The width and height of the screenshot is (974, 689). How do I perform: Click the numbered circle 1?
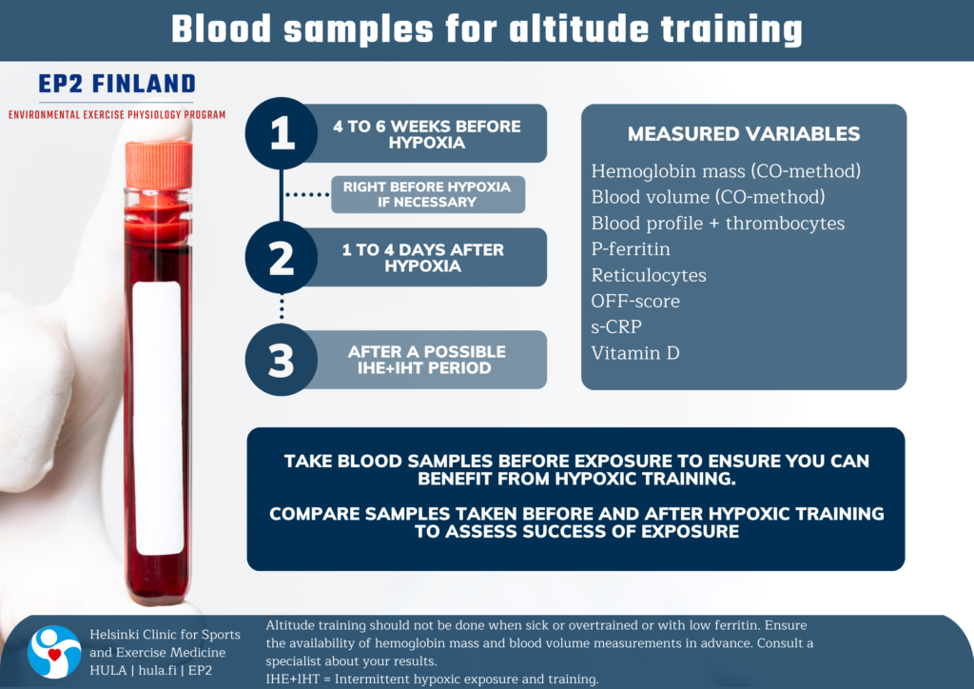pos(282,133)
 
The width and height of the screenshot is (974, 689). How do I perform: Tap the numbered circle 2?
pos(282,257)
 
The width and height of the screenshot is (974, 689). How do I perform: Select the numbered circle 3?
pos(282,360)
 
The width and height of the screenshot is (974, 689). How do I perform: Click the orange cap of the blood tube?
pos(159,165)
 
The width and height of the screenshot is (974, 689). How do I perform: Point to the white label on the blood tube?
pos(158,418)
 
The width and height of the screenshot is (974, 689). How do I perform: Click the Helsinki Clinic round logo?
pos(54,652)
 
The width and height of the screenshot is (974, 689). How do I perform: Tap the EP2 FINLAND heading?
pos(117,84)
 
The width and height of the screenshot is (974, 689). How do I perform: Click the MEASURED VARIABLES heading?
pos(744,133)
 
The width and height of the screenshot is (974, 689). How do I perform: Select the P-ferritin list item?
pos(631,249)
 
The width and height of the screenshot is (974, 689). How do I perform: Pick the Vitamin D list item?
pos(634,353)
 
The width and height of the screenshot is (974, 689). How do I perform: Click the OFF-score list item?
pos(635,302)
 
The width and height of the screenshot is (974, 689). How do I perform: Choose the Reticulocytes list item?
pos(649,275)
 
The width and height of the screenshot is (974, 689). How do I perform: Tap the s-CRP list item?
pos(616,326)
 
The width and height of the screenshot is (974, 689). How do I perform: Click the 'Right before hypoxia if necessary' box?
pos(428,194)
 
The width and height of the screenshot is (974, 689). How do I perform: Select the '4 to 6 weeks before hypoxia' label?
pos(427,134)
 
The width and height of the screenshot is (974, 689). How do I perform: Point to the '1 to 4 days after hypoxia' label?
pos(423,258)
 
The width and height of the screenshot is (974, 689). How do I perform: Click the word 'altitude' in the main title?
pos(578,30)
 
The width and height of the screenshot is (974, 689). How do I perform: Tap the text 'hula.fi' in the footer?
pos(158,670)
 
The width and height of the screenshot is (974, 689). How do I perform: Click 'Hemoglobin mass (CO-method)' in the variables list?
pos(726,171)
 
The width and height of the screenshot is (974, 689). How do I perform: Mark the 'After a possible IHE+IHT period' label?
pos(426,360)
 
